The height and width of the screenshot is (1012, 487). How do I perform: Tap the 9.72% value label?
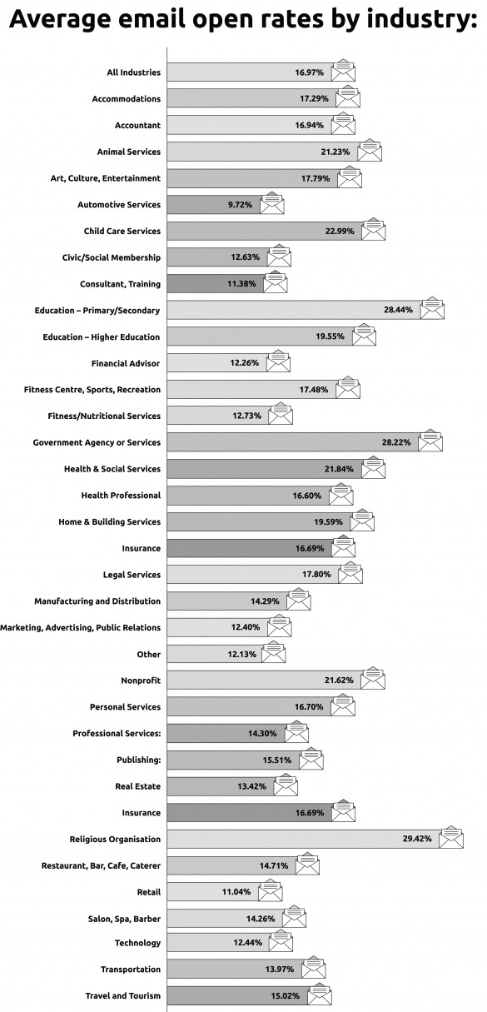click(x=240, y=205)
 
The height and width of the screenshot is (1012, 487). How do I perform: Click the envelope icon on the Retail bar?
click(x=271, y=890)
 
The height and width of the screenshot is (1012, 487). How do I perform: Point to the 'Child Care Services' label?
click(x=122, y=231)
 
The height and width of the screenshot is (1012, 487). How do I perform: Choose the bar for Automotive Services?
click(x=213, y=204)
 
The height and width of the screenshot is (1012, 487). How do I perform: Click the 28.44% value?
click(x=398, y=310)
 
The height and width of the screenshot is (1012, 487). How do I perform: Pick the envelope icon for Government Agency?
click(x=430, y=441)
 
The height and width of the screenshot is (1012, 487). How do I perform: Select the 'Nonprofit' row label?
click(x=141, y=680)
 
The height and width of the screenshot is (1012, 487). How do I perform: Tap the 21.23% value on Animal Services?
click(x=335, y=152)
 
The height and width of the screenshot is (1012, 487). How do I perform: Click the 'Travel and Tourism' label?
click(x=122, y=995)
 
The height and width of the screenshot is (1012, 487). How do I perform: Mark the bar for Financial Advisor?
click(x=216, y=363)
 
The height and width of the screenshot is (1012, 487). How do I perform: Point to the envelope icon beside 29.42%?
click(x=451, y=837)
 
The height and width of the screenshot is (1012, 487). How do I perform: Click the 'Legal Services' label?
click(x=132, y=575)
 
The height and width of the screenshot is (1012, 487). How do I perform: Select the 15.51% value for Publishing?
click(x=276, y=760)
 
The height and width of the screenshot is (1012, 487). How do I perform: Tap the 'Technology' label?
click(x=137, y=943)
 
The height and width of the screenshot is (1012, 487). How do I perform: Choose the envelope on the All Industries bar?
click(x=343, y=70)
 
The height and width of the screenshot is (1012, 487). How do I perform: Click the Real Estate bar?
click(x=221, y=786)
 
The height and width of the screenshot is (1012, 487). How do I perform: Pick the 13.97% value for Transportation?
click(x=280, y=969)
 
